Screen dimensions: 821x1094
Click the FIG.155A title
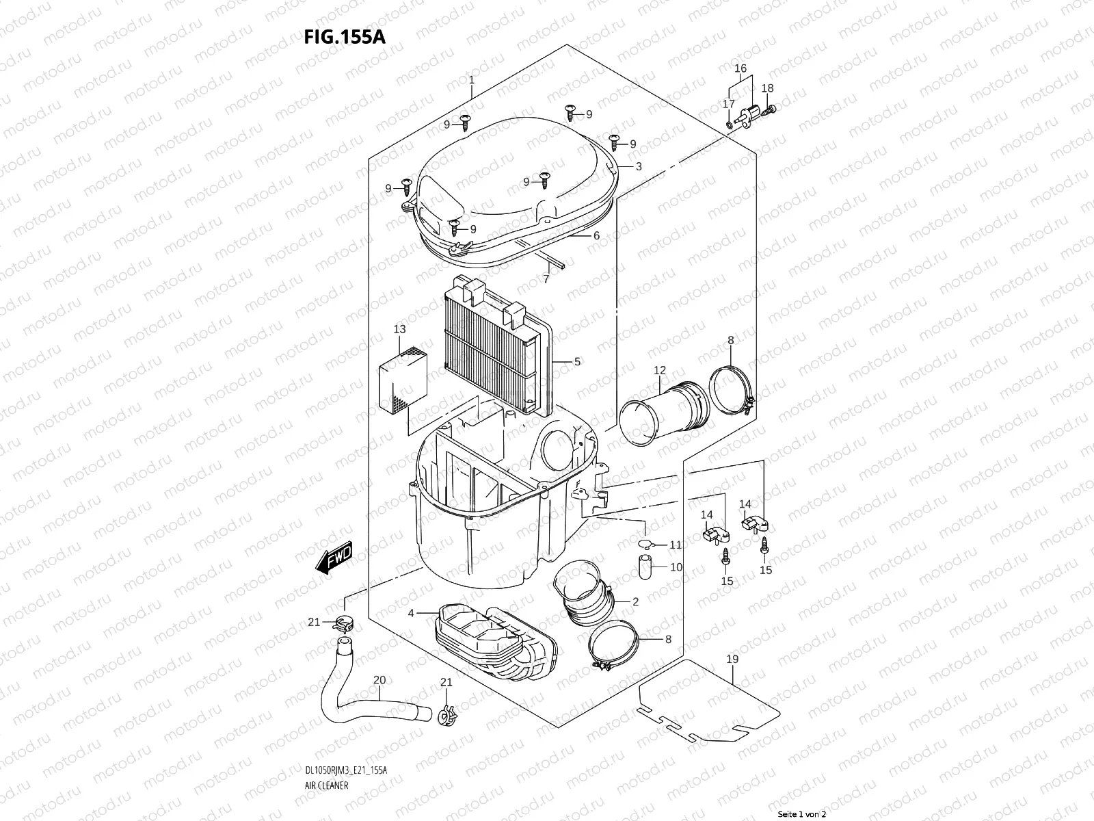[345, 36]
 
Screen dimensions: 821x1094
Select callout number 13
[399, 330]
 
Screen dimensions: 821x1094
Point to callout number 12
[659, 370]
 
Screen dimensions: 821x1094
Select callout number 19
[732, 660]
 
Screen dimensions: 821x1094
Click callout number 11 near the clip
[675, 545]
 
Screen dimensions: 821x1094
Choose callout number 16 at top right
[741, 68]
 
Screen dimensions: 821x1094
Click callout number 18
[767, 88]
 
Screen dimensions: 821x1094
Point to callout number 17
[729, 104]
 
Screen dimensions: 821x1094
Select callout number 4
[411, 614]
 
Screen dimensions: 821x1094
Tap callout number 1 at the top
[471, 81]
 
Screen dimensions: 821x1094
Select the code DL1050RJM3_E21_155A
[345, 732]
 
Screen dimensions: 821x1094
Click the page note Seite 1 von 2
[802, 814]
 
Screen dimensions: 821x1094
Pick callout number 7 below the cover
[546, 279]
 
